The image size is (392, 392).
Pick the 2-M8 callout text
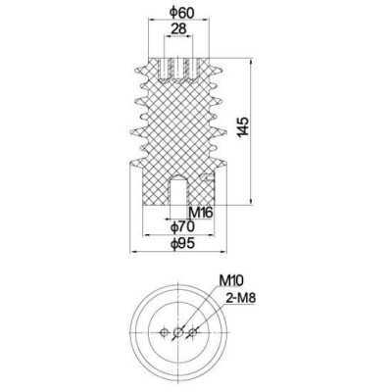(x=240, y=296)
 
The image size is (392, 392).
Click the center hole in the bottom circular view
(x=177, y=334)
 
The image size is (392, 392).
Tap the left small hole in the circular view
(x=162, y=334)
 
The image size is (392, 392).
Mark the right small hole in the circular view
(x=194, y=334)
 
